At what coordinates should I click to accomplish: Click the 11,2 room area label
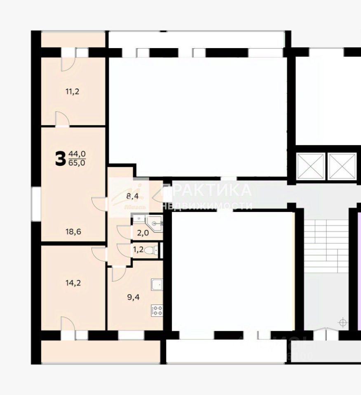[x=72, y=91]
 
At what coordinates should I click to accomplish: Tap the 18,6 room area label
[x=73, y=232]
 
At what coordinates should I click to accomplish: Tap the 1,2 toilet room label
[x=138, y=249]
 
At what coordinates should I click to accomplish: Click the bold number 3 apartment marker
[x=60, y=158]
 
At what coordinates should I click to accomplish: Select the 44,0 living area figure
[x=77, y=154]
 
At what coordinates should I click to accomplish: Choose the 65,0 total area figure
[x=77, y=163]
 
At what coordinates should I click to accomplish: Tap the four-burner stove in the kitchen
[x=157, y=310]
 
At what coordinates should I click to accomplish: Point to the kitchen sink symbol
[x=157, y=284]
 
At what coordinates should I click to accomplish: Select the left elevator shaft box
[x=310, y=165]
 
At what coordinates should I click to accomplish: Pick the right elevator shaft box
[x=342, y=165]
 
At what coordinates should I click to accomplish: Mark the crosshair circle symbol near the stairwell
[x=342, y=323]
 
